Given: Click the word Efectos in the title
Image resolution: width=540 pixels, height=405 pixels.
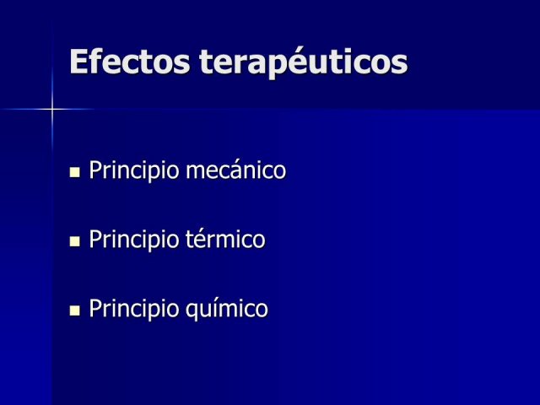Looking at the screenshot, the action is click(129, 62).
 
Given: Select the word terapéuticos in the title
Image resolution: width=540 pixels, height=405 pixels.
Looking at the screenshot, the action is click(304, 62).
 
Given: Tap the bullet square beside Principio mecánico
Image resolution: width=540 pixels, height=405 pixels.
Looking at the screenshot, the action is click(74, 172).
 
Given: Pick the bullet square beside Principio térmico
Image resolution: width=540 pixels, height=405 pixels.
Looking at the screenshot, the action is click(74, 241).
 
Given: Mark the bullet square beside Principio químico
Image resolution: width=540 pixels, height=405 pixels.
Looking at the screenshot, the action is click(74, 310).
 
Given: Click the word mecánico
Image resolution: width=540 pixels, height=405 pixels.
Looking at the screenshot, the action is click(236, 170).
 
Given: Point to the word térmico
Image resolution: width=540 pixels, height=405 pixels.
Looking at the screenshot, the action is click(225, 239).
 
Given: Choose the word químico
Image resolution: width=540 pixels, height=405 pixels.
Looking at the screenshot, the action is click(227, 309).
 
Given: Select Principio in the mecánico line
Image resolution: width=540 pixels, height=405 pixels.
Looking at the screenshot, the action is click(134, 170).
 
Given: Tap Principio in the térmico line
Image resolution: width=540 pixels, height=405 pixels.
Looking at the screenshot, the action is click(134, 240).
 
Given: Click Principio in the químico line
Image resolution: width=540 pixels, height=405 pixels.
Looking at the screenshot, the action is click(134, 309).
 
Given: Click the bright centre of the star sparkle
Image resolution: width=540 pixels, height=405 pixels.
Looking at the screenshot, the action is click(52, 110).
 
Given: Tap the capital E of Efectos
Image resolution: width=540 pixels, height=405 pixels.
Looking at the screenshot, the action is click(78, 62).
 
